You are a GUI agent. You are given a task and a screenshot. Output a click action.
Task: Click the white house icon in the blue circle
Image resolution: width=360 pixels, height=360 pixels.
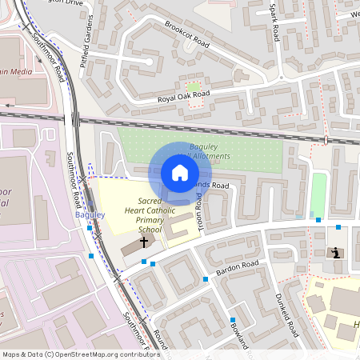tap(180, 173)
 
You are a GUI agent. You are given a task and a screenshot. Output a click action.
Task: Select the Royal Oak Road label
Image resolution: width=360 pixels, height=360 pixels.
tap(183, 95)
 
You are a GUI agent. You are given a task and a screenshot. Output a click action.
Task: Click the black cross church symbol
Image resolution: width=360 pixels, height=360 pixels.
tap(144, 241)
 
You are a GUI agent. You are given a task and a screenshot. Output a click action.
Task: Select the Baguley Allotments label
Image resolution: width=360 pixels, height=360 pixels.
tap(210, 151)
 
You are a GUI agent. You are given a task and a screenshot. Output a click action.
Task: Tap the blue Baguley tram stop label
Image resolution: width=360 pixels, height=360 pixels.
tap(90, 215)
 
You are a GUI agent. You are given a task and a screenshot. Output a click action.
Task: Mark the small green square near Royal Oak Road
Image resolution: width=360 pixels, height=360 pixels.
tap(193, 86)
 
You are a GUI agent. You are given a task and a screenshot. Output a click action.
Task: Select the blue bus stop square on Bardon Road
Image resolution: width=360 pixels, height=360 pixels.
tap(206, 278)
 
